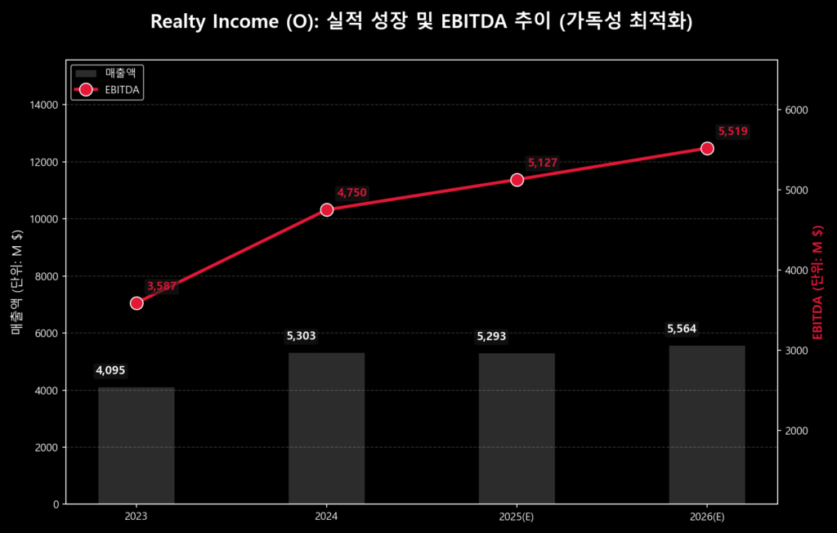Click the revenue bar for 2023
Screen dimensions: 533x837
pos(137,446)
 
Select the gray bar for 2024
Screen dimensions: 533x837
pos(326,428)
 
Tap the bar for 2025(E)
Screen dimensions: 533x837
pos(517,428)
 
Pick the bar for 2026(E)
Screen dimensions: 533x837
pos(707,424)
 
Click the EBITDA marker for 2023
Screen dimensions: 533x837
pos(137,303)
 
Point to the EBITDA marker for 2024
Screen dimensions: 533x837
pos(327,209)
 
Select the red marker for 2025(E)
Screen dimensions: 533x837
pos(517,180)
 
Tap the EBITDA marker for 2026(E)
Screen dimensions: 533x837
pos(707,148)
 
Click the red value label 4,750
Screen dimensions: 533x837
pos(351,193)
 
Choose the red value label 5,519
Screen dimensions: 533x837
pos(732,132)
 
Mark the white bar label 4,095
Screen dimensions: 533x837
pos(110,370)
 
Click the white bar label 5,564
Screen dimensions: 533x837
pos(683,329)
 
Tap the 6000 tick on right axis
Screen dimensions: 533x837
pos(796,110)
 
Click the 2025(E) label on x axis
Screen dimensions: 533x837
pos(517,517)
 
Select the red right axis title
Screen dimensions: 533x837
pos(817,282)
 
